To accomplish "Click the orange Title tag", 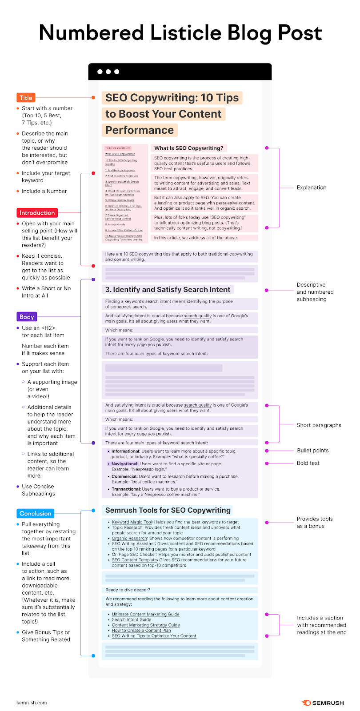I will click(x=26, y=98).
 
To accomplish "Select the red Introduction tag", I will click(x=37, y=213).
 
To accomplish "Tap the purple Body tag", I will click(x=27, y=317).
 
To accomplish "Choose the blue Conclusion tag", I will click(x=35, y=513).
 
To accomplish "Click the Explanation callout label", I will click(x=311, y=188).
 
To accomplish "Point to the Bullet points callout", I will click(x=312, y=451).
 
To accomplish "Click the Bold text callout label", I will click(x=308, y=463).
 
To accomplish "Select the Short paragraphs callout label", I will click(x=319, y=425).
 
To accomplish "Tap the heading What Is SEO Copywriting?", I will click(x=188, y=148).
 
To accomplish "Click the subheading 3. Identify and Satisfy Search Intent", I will click(x=168, y=289).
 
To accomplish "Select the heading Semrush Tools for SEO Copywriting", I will click(x=168, y=510).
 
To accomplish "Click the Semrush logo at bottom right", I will click(x=323, y=703).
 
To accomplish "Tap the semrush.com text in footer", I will click(x=32, y=703).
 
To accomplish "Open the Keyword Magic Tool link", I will click(x=132, y=522).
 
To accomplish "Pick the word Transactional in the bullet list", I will click(x=126, y=489).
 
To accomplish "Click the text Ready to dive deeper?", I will click(x=128, y=590).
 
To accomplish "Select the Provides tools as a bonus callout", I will click(x=314, y=522).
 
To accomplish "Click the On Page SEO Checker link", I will click(x=134, y=555).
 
